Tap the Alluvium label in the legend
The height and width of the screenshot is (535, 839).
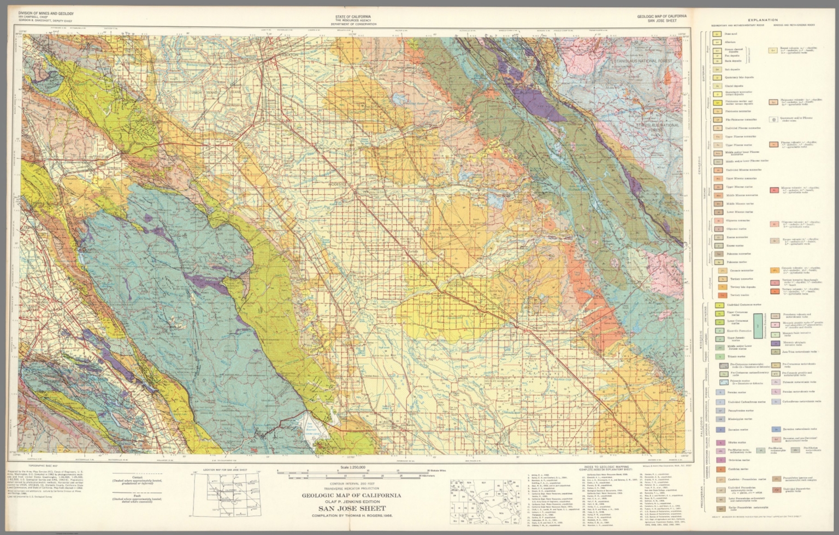pyautogui.click(x=730, y=42)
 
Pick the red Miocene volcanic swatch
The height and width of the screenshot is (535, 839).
pyautogui.click(x=774, y=191)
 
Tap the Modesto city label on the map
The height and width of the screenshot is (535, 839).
pyautogui.click(x=338, y=185)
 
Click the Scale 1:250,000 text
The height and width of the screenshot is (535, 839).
pyautogui.click(x=352, y=468)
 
